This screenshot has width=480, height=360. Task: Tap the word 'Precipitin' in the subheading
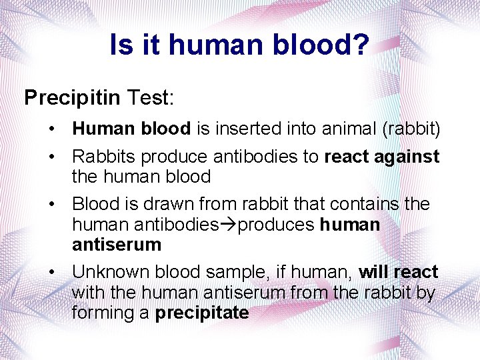(72, 98)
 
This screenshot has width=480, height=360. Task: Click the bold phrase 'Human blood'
(131, 128)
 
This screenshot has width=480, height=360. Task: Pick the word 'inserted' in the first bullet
(246, 128)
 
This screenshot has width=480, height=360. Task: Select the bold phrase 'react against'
(382, 157)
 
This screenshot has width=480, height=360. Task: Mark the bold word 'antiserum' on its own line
(117, 245)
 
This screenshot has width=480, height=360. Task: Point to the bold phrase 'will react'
(398, 273)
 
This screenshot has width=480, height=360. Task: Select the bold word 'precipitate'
(202, 313)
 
